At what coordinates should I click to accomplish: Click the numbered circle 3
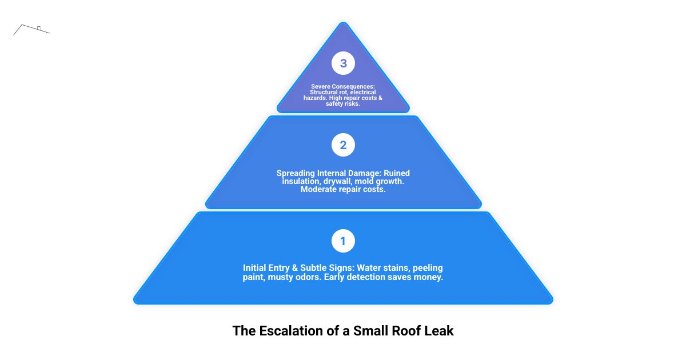[343, 63]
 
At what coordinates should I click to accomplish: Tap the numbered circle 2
[343, 145]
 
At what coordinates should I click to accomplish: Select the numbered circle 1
[343, 241]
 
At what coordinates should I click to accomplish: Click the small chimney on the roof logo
[39, 27]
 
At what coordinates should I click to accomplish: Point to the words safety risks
[343, 104]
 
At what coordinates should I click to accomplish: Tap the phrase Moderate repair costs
[343, 189]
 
